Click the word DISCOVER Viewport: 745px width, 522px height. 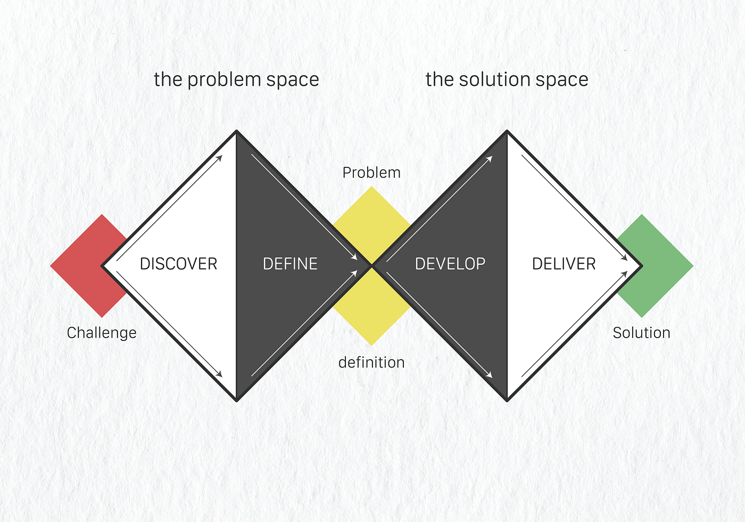coord(178,264)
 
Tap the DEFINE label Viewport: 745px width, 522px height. coord(290,264)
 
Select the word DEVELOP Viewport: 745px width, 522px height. coord(450,264)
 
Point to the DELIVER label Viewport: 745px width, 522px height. coord(564,264)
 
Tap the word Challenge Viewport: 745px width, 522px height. coord(102,333)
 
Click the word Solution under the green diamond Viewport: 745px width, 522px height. coord(641,333)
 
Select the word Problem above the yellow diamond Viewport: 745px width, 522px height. coord(371,173)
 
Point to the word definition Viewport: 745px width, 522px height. coord(371,362)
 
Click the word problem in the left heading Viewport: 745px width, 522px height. coord(224,80)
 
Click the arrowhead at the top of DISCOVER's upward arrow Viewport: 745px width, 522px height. coord(219,158)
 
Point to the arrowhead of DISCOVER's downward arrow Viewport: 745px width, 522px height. coord(219,374)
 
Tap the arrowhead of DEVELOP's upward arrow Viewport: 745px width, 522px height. coord(490,159)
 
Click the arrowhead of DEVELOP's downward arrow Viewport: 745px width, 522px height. coord(490,375)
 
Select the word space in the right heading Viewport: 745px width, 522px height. coord(560,80)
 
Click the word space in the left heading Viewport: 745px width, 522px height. coord(293,80)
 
